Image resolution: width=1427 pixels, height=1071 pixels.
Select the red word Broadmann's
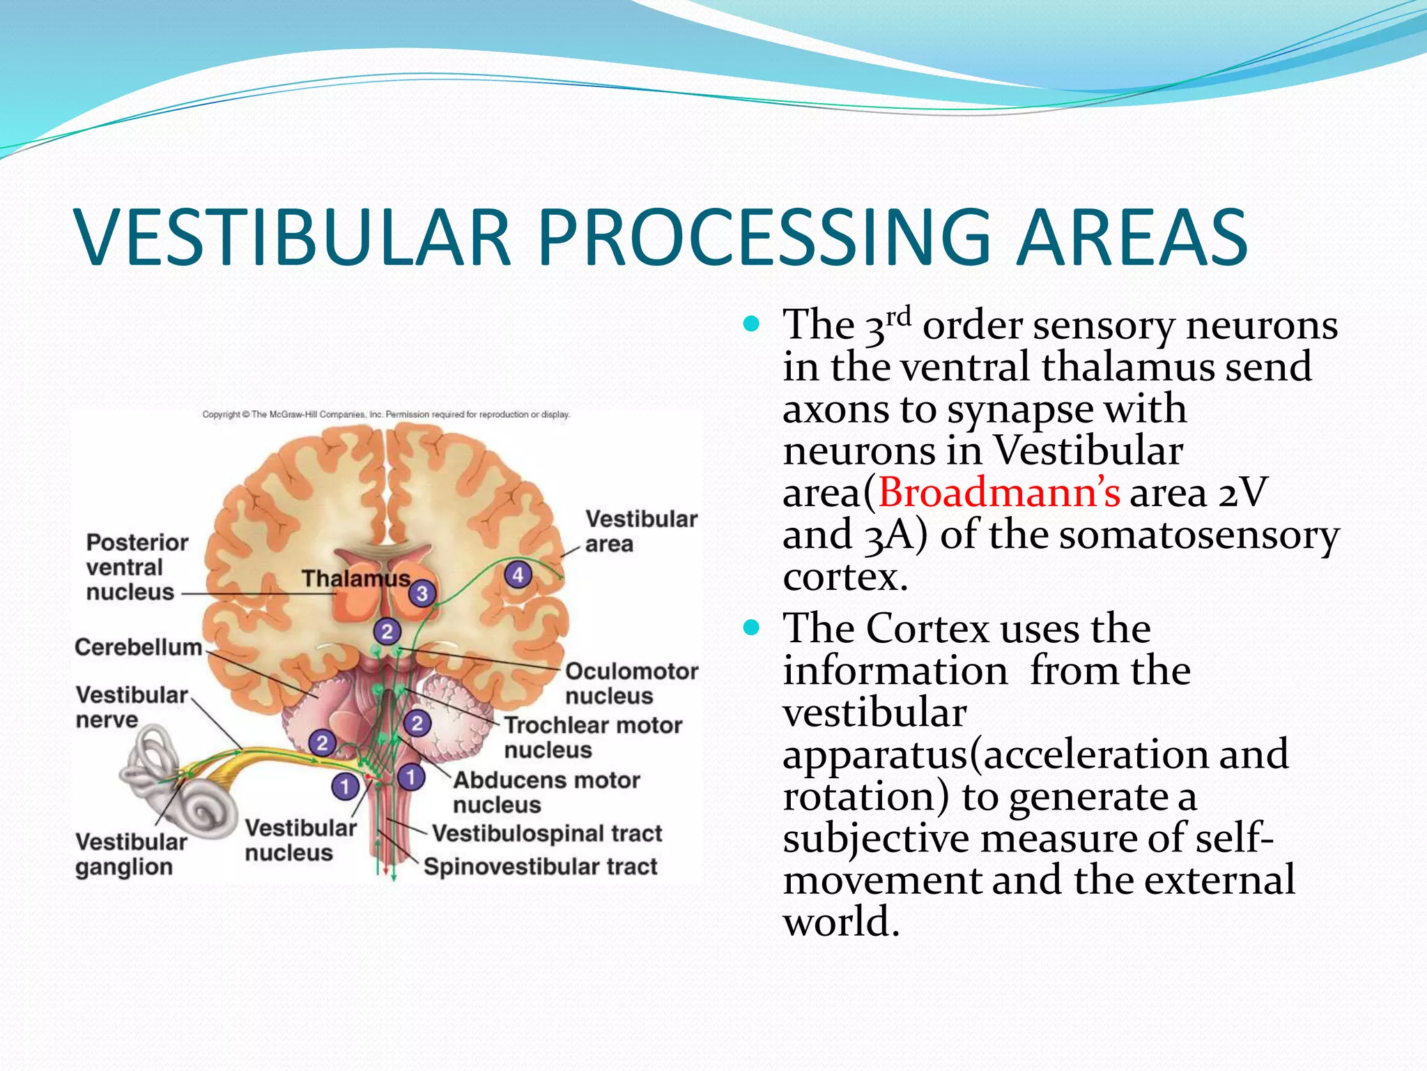coord(998,493)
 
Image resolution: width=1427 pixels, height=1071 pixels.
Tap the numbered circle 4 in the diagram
coord(518,575)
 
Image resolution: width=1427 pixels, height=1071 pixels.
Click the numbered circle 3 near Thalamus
coord(422,593)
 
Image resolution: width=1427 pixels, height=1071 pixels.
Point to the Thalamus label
coord(355,579)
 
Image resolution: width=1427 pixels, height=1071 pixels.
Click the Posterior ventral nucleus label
coord(137,567)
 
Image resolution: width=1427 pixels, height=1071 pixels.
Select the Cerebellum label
coord(138,647)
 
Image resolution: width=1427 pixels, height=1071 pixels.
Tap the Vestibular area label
coord(640,531)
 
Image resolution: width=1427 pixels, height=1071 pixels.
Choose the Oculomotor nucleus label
coord(631,683)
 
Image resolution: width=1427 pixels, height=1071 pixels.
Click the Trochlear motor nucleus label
coord(592,737)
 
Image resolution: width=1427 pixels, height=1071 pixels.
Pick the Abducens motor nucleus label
coord(546,792)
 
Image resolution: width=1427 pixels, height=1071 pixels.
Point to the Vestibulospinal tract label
coord(546,833)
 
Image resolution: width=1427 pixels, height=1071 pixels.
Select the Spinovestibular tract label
coord(540,867)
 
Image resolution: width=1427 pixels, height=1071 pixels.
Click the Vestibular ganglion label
coord(130,854)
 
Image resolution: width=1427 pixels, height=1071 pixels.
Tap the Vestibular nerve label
coord(131,706)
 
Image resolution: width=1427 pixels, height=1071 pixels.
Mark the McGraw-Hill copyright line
coord(386,414)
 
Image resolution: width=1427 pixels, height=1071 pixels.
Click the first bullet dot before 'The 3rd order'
coord(750,324)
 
